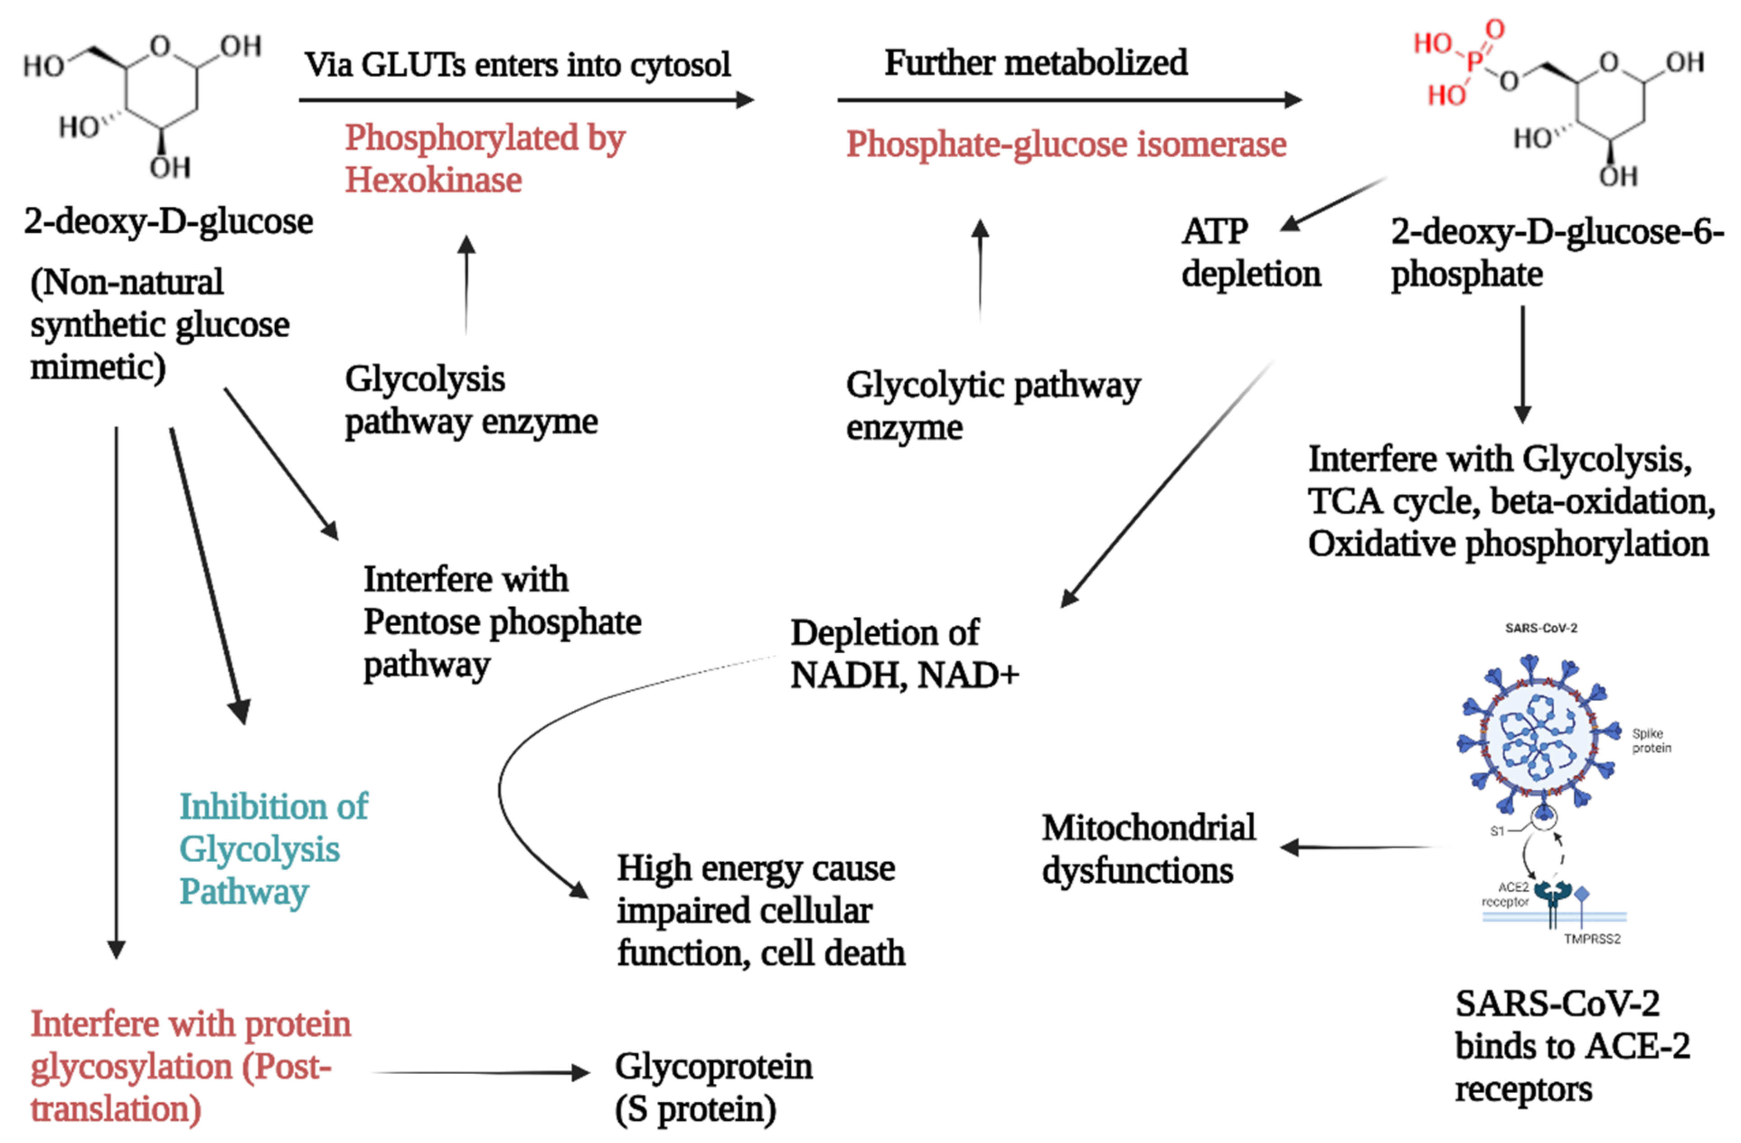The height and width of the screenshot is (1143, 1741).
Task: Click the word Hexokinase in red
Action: pyautogui.click(x=434, y=180)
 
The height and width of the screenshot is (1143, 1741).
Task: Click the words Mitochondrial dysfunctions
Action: pyautogui.click(x=1148, y=849)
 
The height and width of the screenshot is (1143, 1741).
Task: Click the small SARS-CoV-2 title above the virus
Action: pyautogui.click(x=1541, y=628)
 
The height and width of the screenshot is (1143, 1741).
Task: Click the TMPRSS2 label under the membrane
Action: pyautogui.click(x=1592, y=939)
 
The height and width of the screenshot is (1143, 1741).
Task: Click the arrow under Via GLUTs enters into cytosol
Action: pyautogui.click(x=527, y=99)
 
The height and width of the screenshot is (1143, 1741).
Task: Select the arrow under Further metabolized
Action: pyautogui.click(x=1069, y=99)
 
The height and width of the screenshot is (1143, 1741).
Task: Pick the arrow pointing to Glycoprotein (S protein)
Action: pyautogui.click(x=480, y=1073)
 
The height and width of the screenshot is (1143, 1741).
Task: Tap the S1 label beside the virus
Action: pyautogui.click(x=1496, y=831)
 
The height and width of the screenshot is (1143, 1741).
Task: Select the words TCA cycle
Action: pyautogui.click(x=1393, y=502)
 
